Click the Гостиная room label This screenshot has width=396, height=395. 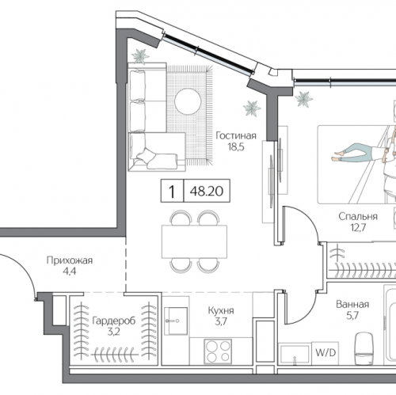point(236,135)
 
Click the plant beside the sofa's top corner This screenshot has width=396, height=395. point(140,55)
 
